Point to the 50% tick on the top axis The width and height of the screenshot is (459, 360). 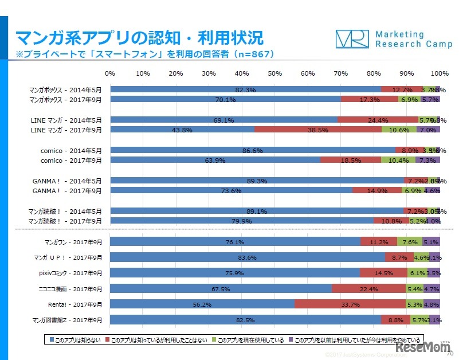point(275,73)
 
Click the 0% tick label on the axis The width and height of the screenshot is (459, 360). point(111,73)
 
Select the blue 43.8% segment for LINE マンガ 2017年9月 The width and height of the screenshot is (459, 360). point(182,130)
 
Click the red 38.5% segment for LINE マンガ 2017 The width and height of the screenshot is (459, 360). point(318,130)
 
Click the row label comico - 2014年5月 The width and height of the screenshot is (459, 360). point(66,150)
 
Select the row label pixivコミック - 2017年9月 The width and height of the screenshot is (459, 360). point(72,273)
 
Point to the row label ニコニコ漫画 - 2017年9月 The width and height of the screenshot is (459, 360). point(72,288)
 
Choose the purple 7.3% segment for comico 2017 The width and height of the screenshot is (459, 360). point(427,161)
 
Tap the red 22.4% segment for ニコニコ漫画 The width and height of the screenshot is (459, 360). point(369,288)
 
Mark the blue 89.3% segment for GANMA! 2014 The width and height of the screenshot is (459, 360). point(257,181)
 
